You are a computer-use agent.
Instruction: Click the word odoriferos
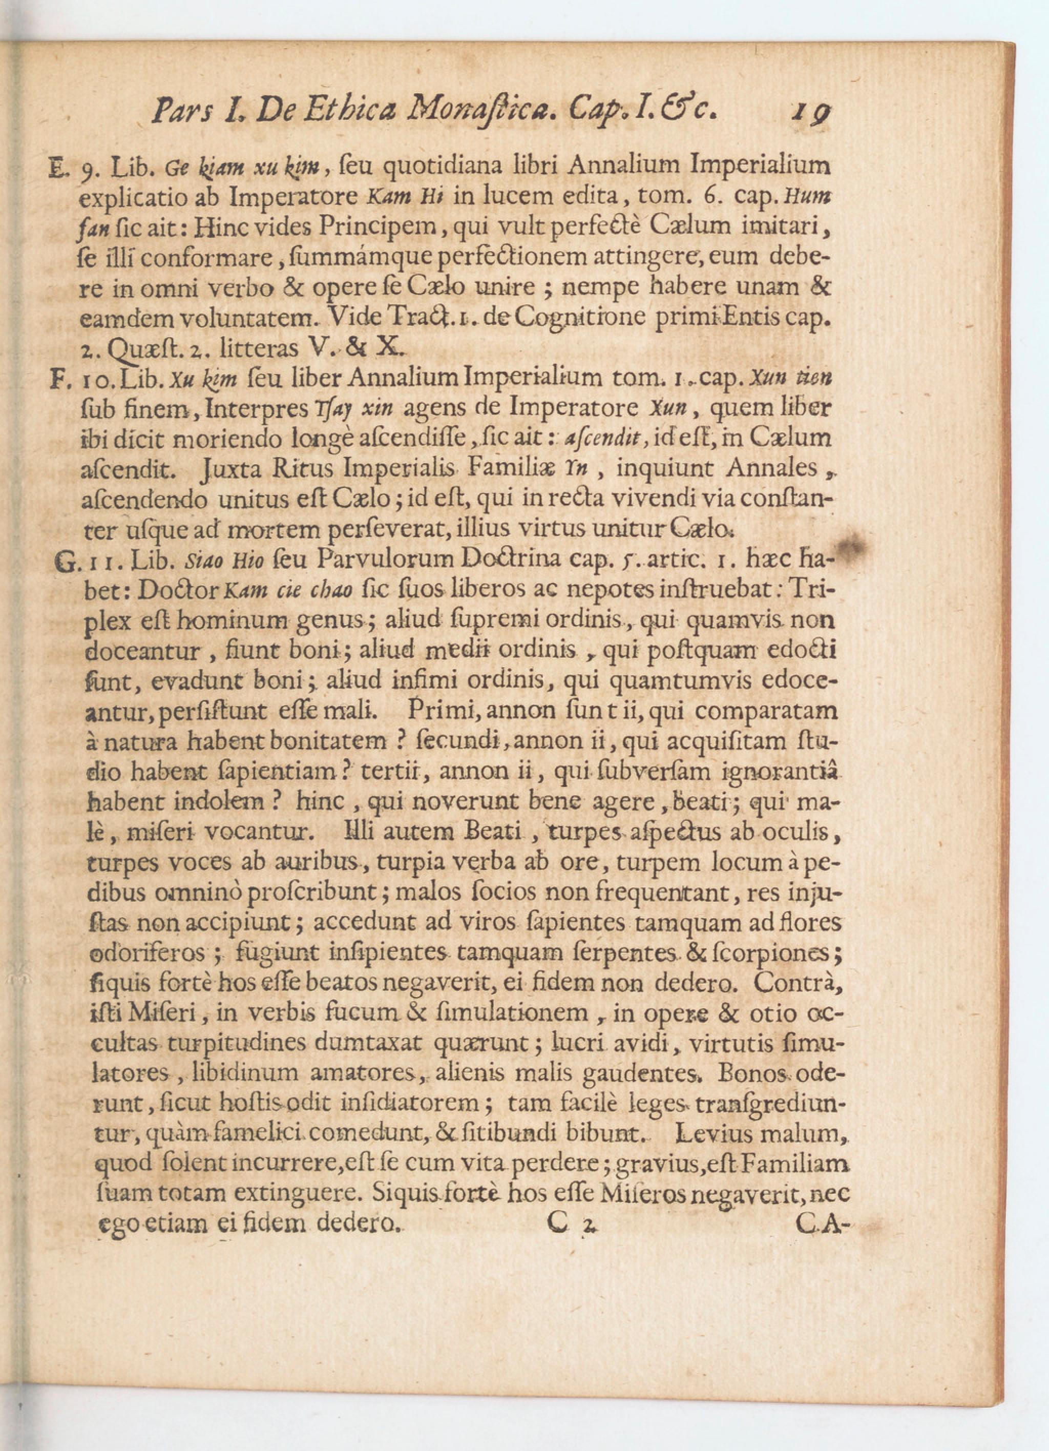pyautogui.click(x=148, y=954)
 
